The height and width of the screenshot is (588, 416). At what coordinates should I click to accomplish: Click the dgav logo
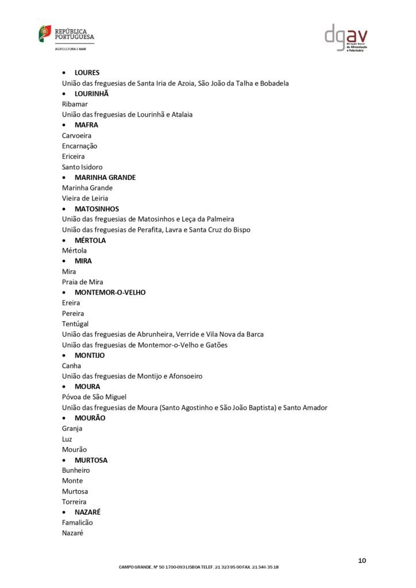point(346,37)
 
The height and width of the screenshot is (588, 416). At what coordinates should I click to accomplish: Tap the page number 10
point(362,560)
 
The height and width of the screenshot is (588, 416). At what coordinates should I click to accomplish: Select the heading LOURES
point(87,72)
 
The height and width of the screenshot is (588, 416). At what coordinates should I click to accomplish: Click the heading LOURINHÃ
point(91,94)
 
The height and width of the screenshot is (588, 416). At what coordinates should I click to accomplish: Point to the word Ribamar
point(75,104)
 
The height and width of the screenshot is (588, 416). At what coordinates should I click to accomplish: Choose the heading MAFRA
point(86,125)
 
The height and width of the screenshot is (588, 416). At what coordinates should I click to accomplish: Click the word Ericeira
point(74,156)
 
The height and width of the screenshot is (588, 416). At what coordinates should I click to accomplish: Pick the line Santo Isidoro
point(82,167)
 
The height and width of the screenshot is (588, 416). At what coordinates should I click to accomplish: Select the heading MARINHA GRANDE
point(105,177)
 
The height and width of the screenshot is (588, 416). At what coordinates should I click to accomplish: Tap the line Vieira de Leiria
point(85,198)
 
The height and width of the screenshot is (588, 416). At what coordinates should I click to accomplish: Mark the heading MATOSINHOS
point(97,209)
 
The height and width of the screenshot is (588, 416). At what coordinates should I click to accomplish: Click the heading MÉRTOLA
point(90,240)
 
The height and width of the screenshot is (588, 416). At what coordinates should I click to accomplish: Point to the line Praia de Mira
point(83,282)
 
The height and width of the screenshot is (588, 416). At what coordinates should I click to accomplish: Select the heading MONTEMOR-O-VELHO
point(110,292)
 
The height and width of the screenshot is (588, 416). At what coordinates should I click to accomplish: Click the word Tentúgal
point(75,324)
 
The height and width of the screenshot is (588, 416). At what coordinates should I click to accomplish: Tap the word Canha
point(72,366)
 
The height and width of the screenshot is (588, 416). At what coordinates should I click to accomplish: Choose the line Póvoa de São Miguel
point(94,397)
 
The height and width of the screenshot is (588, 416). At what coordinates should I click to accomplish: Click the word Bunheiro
point(76,470)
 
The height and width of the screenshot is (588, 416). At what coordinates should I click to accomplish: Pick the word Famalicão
point(77,523)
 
